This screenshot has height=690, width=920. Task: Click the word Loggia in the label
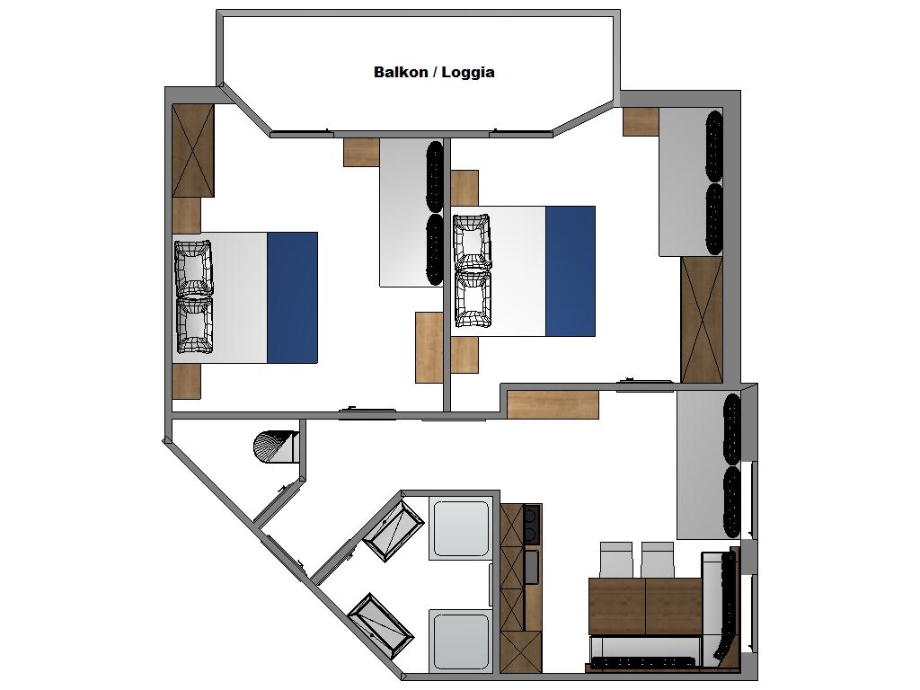(467, 73)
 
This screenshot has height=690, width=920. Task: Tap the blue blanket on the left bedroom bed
(292, 297)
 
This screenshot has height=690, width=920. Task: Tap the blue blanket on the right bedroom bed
(571, 271)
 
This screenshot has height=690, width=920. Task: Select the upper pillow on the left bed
(194, 269)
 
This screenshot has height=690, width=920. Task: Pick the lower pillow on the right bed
(473, 298)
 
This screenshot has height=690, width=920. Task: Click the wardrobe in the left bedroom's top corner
(193, 151)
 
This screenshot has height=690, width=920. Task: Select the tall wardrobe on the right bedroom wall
(702, 320)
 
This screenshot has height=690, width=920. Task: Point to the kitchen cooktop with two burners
(532, 525)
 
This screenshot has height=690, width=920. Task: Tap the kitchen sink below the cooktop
(532, 568)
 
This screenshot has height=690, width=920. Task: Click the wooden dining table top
(645, 606)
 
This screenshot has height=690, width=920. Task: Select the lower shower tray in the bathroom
(461, 641)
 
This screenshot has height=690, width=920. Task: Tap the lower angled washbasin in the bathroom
(381, 625)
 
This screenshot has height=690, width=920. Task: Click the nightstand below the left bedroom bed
(187, 381)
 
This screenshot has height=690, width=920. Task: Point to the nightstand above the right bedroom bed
(464, 188)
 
